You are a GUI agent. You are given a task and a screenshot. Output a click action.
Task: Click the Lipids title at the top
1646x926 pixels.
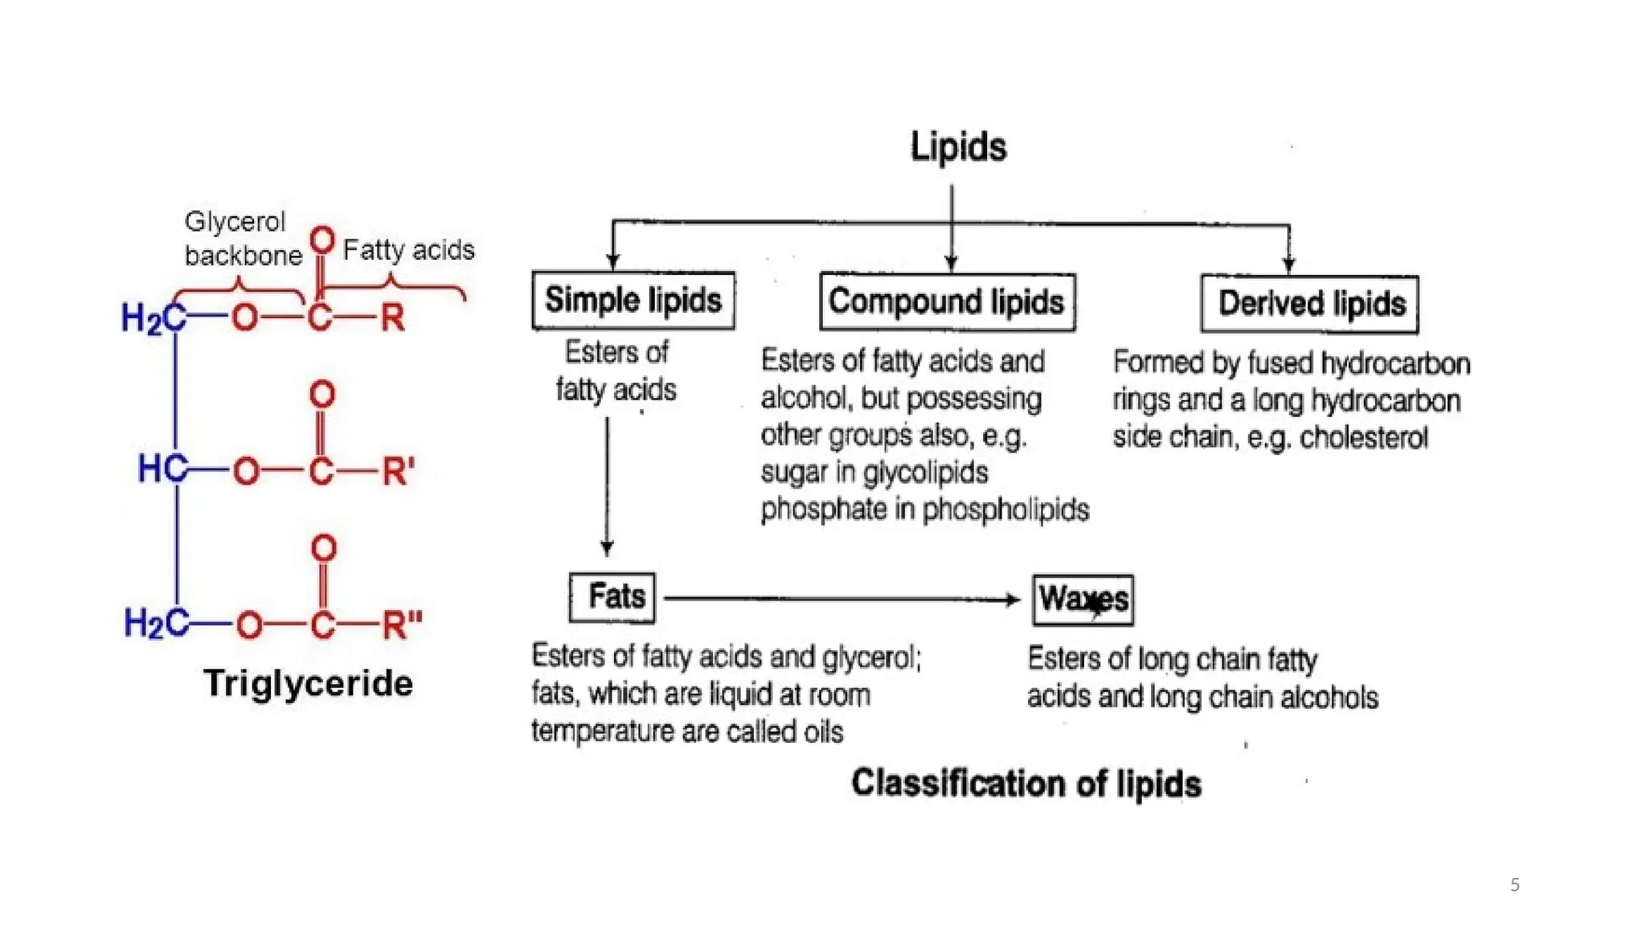[x=958, y=147]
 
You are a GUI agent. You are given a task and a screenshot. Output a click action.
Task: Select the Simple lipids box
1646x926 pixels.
[x=633, y=301]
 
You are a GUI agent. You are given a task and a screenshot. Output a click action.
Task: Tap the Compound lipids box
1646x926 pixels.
[x=947, y=302]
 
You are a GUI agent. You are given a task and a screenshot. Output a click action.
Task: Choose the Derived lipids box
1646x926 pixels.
[x=1310, y=304]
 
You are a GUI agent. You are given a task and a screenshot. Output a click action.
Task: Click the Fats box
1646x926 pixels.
[x=612, y=597]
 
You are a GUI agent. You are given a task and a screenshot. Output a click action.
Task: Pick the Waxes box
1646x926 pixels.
[x=1083, y=600]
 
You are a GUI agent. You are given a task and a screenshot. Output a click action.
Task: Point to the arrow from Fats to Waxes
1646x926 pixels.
[x=840, y=599]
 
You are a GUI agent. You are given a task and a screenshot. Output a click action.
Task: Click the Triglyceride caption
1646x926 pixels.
[x=308, y=683]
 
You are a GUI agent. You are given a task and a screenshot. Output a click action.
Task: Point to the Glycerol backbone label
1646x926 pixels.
[x=241, y=238]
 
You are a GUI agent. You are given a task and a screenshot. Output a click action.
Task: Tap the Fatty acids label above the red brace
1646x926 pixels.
[x=408, y=250]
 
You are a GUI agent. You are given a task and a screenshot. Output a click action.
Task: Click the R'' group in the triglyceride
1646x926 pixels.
[x=402, y=625]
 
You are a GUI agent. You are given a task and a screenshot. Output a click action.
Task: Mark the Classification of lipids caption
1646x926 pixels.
[x=1026, y=783]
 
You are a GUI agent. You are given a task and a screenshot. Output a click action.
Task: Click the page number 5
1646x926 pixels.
[x=1515, y=885]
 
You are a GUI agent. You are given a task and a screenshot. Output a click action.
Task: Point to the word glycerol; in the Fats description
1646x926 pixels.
[x=872, y=658]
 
